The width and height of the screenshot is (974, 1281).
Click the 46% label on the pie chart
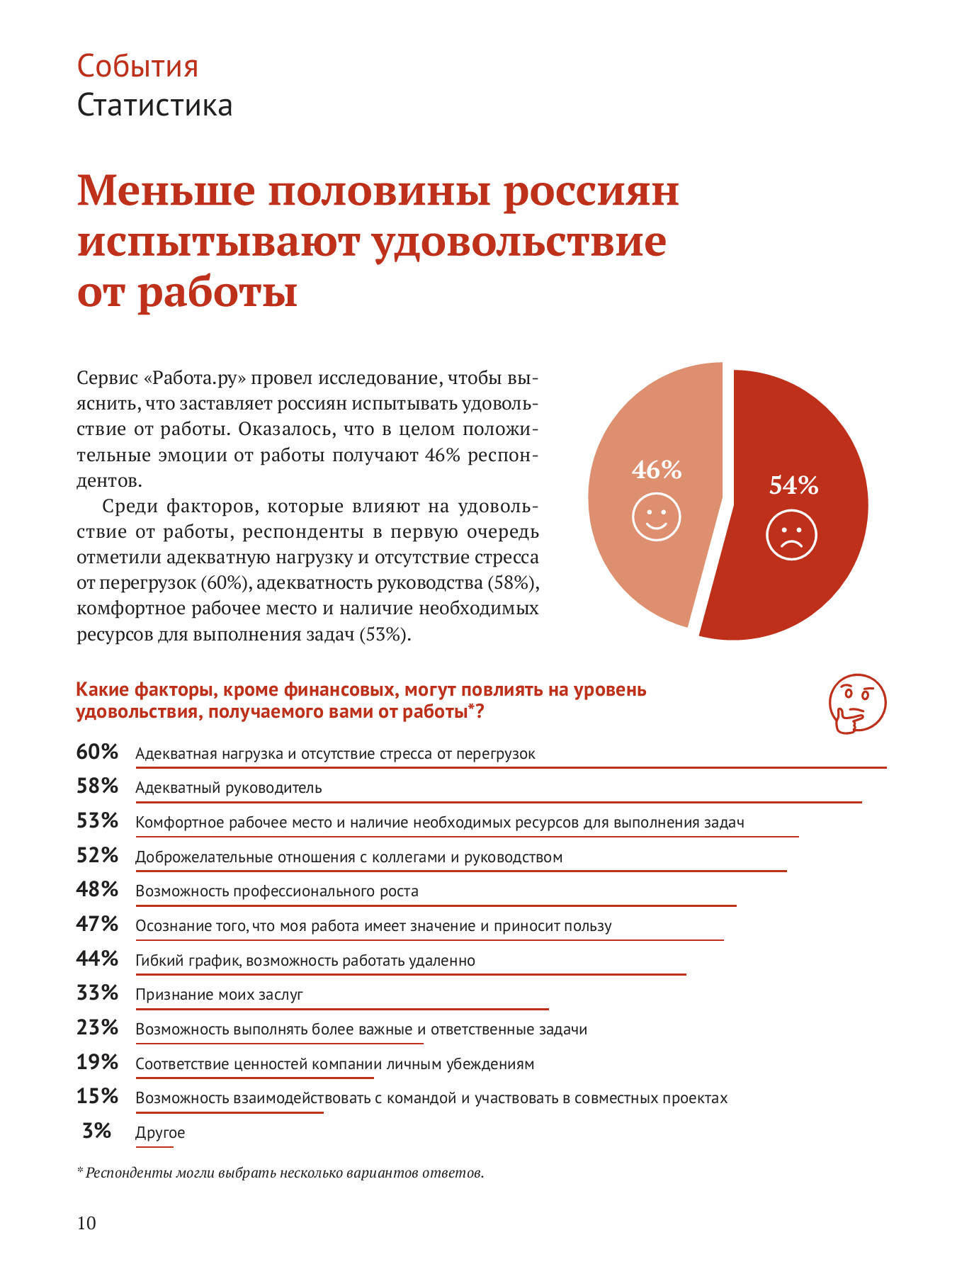click(657, 470)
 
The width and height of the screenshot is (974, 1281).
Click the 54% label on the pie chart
click(793, 485)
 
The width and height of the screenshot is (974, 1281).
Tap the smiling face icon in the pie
click(657, 517)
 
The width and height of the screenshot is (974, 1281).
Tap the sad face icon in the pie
click(792, 535)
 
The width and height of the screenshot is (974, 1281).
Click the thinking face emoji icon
click(857, 704)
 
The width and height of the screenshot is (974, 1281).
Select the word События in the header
click(137, 66)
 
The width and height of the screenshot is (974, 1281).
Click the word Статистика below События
click(154, 105)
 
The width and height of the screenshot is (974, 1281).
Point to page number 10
click(86, 1224)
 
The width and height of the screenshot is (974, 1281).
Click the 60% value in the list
click(97, 752)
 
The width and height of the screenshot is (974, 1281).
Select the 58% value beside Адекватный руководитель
click(97, 786)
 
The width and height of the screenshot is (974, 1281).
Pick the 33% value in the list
click(97, 993)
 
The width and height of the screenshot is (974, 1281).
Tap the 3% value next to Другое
click(97, 1131)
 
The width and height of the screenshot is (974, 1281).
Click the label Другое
click(160, 1133)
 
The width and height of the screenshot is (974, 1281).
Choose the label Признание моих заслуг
click(219, 995)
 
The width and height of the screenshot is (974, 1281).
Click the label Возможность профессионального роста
click(277, 891)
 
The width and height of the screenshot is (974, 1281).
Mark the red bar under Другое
click(154, 1147)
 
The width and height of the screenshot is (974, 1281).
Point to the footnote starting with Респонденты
click(281, 1173)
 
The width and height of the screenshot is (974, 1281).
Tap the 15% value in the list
click(97, 1096)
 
